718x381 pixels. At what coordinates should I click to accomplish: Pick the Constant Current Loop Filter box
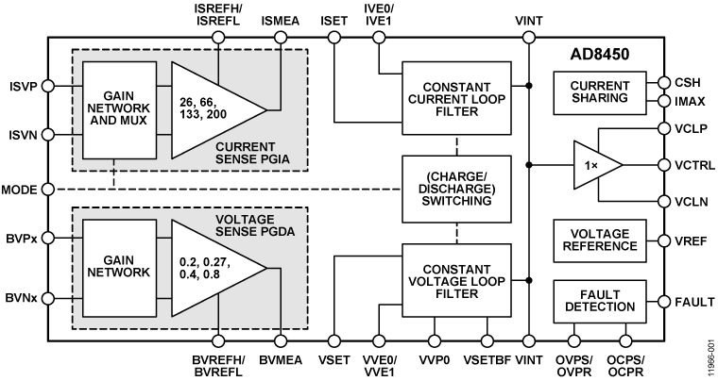point(454,96)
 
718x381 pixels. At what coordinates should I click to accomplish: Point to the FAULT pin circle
point(664,304)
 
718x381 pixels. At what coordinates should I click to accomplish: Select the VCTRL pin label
point(693,166)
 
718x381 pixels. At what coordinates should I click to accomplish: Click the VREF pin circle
point(664,240)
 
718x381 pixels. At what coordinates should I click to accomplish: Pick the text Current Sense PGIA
point(265,153)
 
